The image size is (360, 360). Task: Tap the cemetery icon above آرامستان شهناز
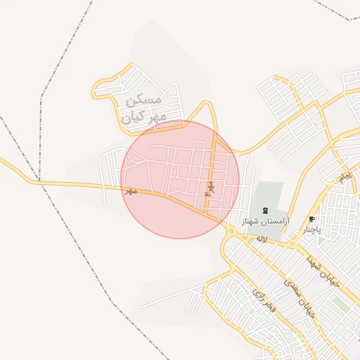click(x=265, y=210)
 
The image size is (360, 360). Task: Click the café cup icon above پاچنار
click(x=312, y=219)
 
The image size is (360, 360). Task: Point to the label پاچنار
click(x=312, y=229)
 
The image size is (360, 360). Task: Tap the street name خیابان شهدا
click(x=323, y=271)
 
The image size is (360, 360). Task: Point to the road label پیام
click(x=344, y=177)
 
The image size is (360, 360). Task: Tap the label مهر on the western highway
click(x=129, y=191)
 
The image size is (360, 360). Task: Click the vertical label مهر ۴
click(x=209, y=188)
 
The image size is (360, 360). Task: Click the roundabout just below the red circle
click(x=231, y=231)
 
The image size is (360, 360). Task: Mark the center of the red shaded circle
click(x=180, y=179)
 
